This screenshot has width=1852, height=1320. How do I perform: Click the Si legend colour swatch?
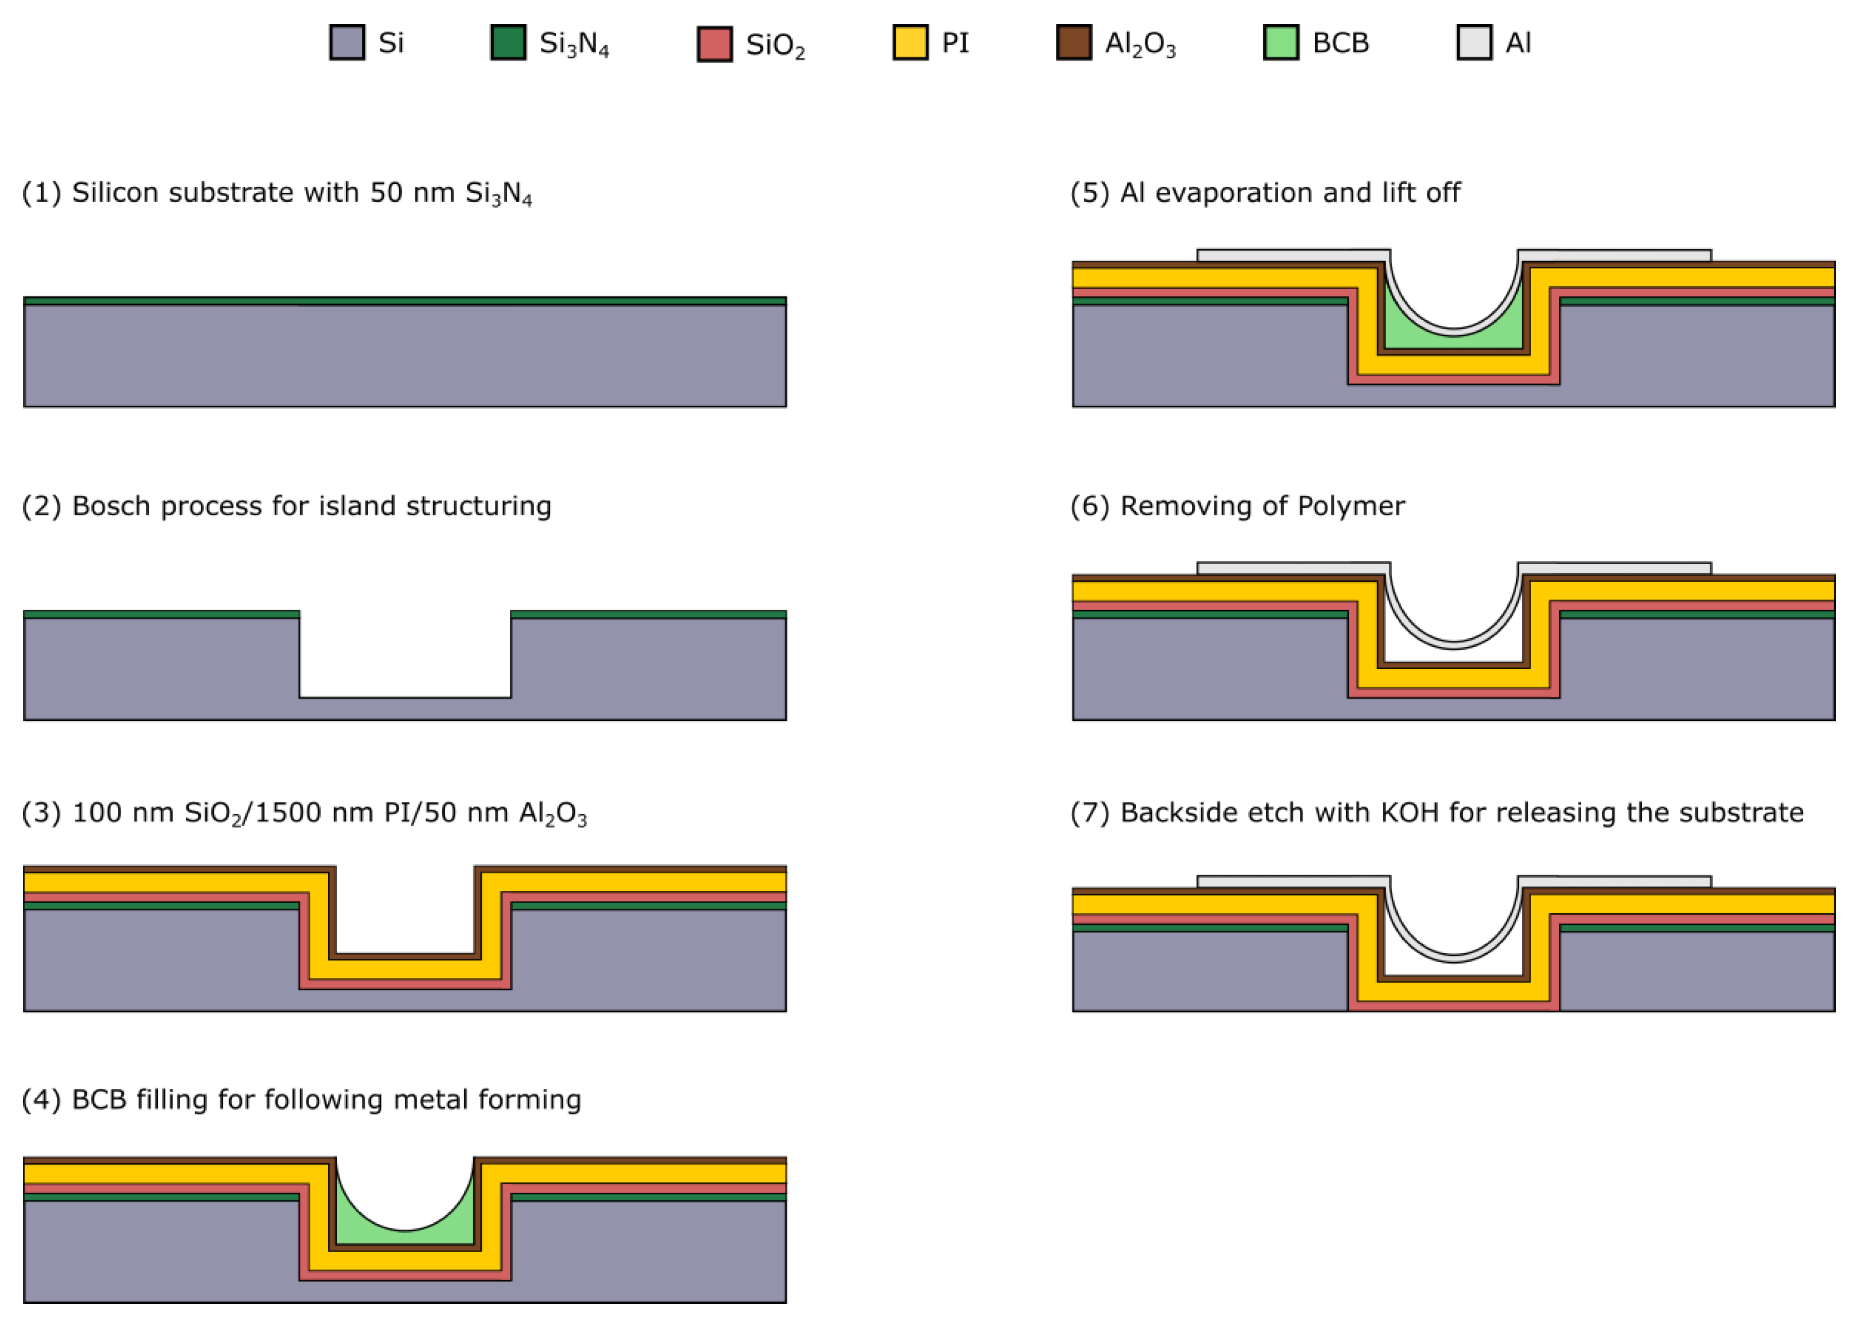click(346, 42)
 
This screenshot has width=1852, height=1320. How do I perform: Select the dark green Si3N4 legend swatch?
click(508, 42)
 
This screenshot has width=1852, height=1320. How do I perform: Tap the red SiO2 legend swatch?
click(714, 44)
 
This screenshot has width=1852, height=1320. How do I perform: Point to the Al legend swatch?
click(1474, 42)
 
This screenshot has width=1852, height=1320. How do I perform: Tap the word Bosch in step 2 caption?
click(111, 506)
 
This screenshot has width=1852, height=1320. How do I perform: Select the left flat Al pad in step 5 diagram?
click(1293, 256)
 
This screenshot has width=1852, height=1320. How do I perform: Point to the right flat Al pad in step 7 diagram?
click(1614, 882)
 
